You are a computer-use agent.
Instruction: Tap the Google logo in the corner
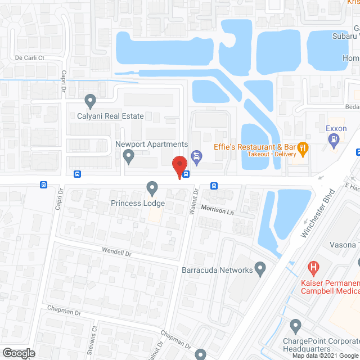(x=18, y=353)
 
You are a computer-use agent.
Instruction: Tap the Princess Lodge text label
(x=138, y=202)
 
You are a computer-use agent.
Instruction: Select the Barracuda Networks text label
(x=217, y=270)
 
